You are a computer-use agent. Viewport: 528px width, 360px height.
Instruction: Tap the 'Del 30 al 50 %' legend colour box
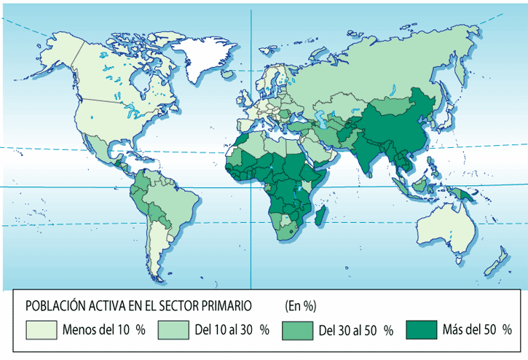[296, 329]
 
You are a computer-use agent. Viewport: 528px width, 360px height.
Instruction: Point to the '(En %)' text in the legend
[300, 305]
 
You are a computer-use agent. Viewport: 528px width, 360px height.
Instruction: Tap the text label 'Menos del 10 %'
[103, 329]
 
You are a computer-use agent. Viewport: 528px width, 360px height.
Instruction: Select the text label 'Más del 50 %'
[476, 329]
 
